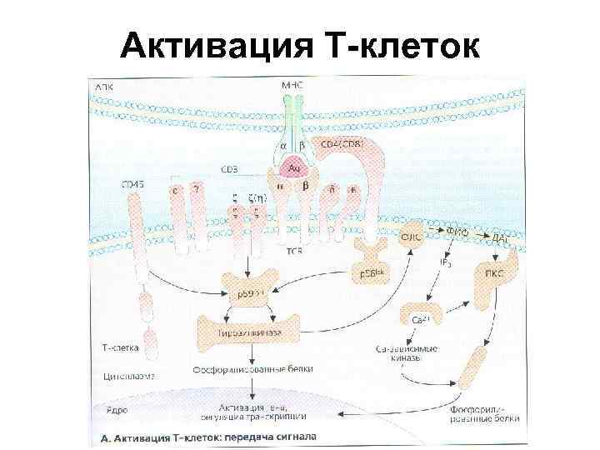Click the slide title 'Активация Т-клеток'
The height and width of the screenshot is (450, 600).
pos(299,47)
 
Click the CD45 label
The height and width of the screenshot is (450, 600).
pos(132,184)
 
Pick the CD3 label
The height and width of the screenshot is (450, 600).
pos(229,169)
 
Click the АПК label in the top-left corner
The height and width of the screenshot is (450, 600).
pos(107,86)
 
